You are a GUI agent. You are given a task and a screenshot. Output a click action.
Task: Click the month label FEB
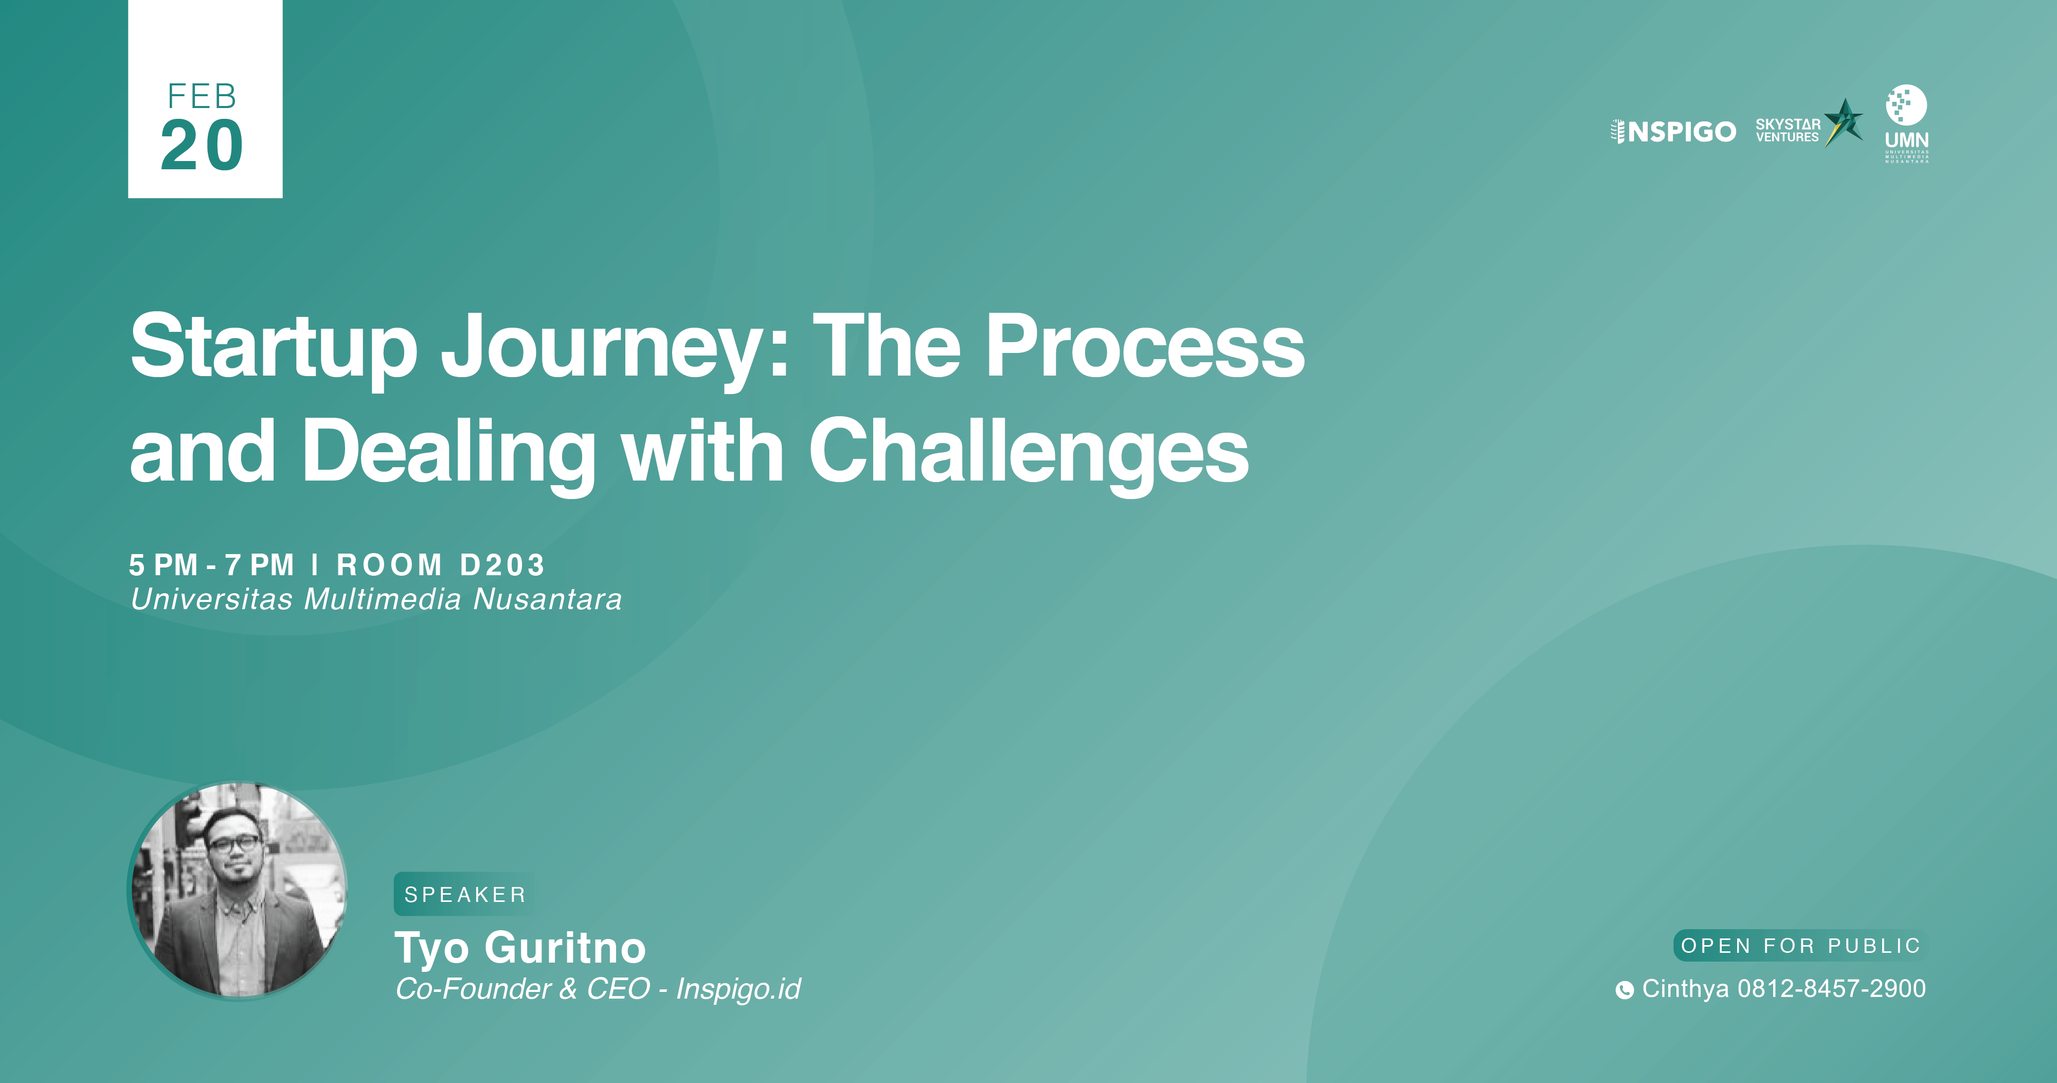pos(202,97)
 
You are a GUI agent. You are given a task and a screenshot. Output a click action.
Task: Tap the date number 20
pos(202,146)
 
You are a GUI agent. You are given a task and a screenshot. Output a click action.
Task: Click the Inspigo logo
pos(1673,131)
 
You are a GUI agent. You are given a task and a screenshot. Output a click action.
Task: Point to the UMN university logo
pos(1907,124)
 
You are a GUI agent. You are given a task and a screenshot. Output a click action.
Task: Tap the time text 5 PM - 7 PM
pos(211,565)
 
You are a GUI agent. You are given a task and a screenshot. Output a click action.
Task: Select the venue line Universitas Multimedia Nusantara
pos(376,599)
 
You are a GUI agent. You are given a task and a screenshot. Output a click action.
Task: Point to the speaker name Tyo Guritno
pos(520,949)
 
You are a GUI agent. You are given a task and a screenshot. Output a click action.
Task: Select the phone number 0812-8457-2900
pos(1832,989)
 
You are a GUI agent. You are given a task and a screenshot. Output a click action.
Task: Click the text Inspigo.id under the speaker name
pos(738,989)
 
